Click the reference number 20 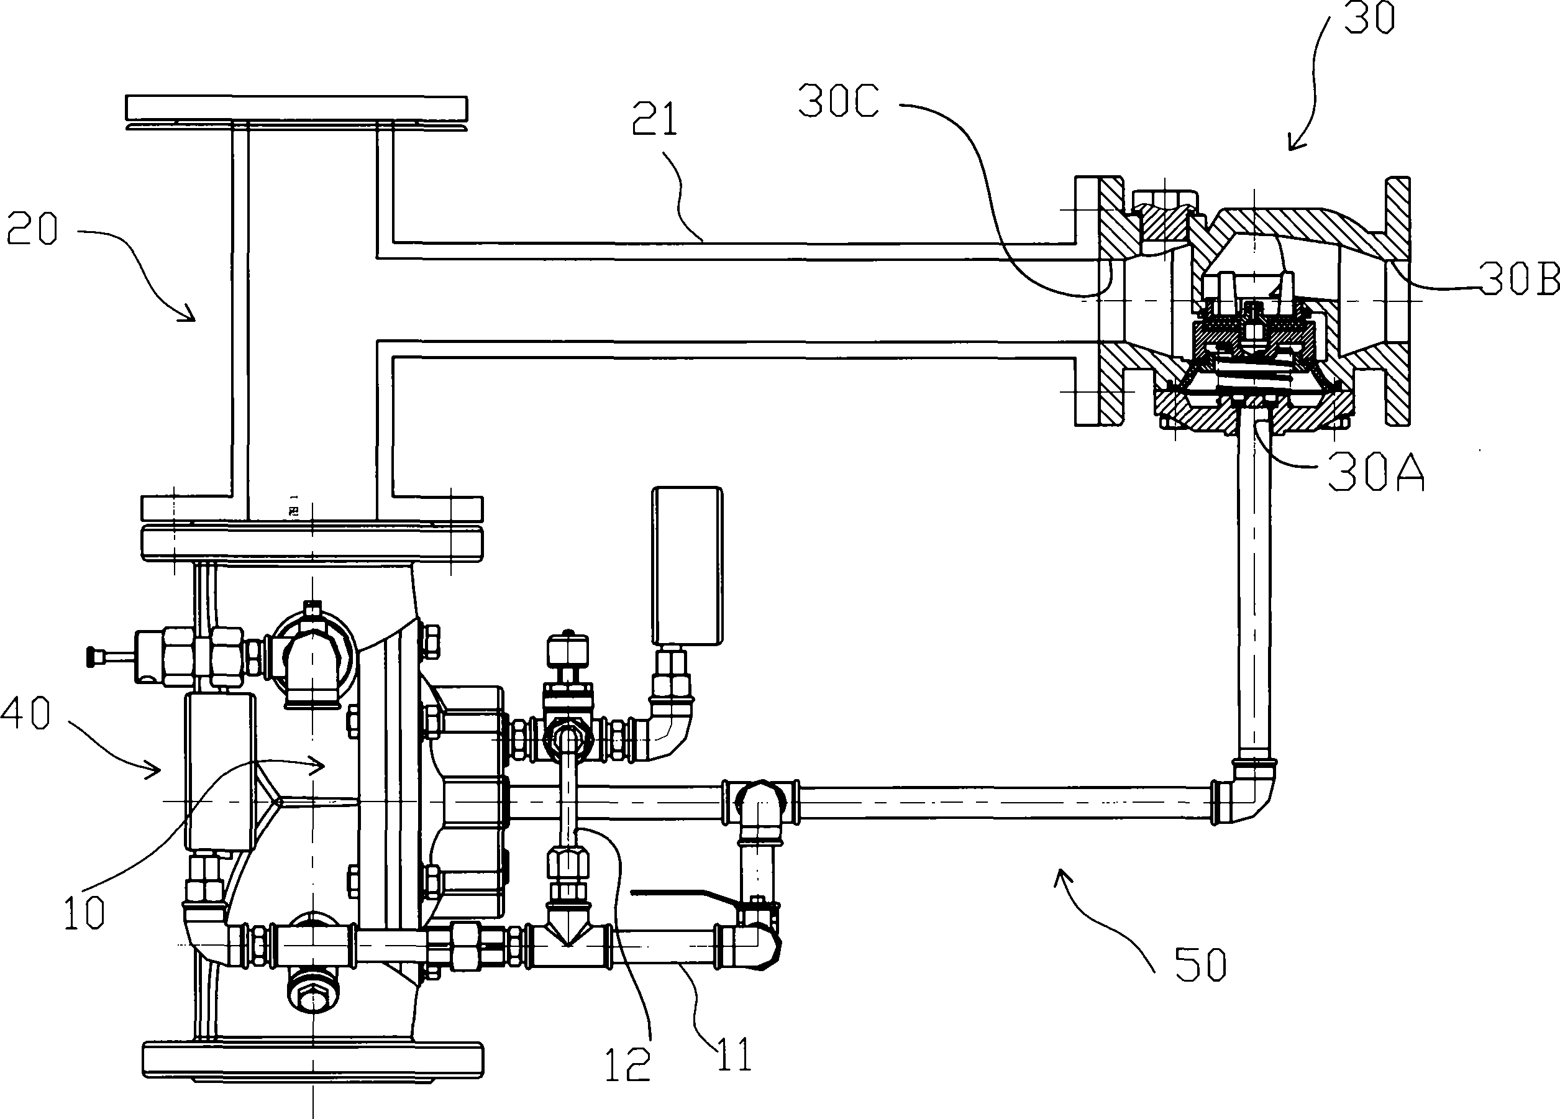pyautogui.click(x=32, y=230)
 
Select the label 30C pyautogui.click(x=839, y=103)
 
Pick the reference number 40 pyautogui.click(x=25, y=713)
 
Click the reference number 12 pyautogui.click(x=627, y=1065)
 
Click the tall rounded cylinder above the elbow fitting pyautogui.click(x=687, y=565)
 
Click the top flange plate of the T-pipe pyautogui.click(x=296, y=108)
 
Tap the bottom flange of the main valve pyautogui.click(x=312, y=1060)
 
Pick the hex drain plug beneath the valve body pyautogui.click(x=313, y=994)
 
